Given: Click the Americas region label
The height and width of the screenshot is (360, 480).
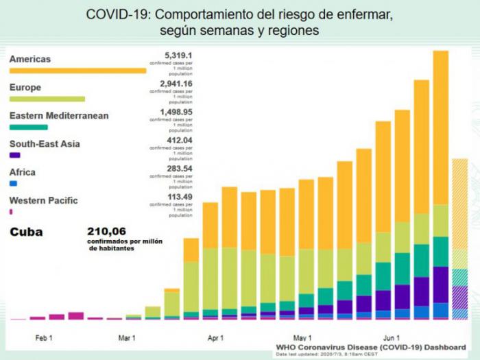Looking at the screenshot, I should tap(30, 59).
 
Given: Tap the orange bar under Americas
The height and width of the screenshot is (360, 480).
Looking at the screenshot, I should tap(77, 70).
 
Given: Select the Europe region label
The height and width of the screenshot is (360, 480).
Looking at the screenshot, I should tap(25, 88).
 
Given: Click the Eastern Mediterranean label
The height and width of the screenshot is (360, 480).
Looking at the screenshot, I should tap(59, 116).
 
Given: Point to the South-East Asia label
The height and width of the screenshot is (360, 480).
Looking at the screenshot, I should tap(45, 144).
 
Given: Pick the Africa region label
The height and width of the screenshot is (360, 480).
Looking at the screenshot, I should tap(23, 172).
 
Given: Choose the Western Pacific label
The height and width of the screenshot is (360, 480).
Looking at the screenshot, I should tap(43, 200).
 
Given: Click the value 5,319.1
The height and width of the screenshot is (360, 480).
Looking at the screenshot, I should tap(178, 54).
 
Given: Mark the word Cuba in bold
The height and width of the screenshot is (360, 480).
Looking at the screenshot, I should tap(26, 232).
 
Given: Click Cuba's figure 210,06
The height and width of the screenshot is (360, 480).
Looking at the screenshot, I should tap(108, 231).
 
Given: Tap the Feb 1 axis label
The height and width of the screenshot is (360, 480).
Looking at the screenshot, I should tap(44, 338).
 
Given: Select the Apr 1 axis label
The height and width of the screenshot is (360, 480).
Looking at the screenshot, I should tap(216, 338).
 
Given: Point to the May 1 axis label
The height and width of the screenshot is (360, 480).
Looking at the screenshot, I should tap(302, 338).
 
